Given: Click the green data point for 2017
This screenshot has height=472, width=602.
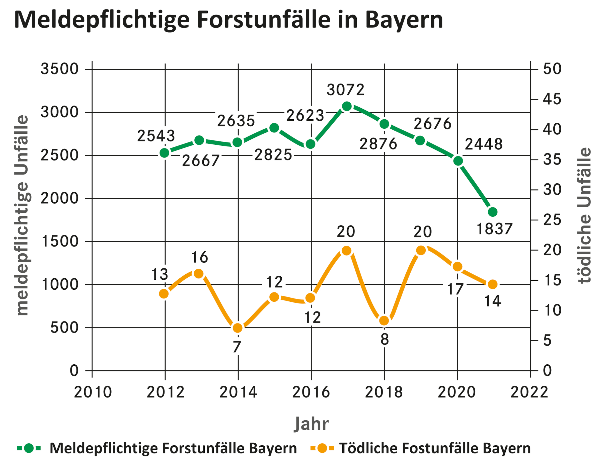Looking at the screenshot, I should (347, 106).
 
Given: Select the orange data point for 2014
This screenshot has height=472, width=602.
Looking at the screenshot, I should (238, 328).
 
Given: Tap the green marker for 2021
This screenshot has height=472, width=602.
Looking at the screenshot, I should (493, 212).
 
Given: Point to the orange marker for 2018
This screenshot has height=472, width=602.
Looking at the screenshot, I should (384, 321).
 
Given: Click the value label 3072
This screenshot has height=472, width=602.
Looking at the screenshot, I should (345, 90).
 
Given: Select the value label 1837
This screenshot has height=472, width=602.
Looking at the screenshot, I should (494, 229).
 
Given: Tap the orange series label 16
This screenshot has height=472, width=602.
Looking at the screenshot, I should (200, 257).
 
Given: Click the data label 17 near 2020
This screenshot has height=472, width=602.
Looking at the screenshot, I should (455, 289).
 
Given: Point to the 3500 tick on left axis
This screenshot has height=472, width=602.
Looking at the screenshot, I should (59, 69).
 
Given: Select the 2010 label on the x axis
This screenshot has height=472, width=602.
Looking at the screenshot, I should (93, 392).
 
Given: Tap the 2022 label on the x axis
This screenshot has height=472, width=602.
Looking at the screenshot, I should (529, 392).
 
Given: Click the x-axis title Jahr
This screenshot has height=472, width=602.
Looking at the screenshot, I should (311, 424).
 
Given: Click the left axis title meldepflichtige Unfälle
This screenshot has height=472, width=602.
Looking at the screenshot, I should (22, 215).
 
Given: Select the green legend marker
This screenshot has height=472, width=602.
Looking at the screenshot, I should (29, 448).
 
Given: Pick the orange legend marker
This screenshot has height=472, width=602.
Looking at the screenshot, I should (322, 448).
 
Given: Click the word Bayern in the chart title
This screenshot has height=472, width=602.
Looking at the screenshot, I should (404, 20).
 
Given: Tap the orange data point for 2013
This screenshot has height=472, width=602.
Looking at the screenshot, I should (198, 274).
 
